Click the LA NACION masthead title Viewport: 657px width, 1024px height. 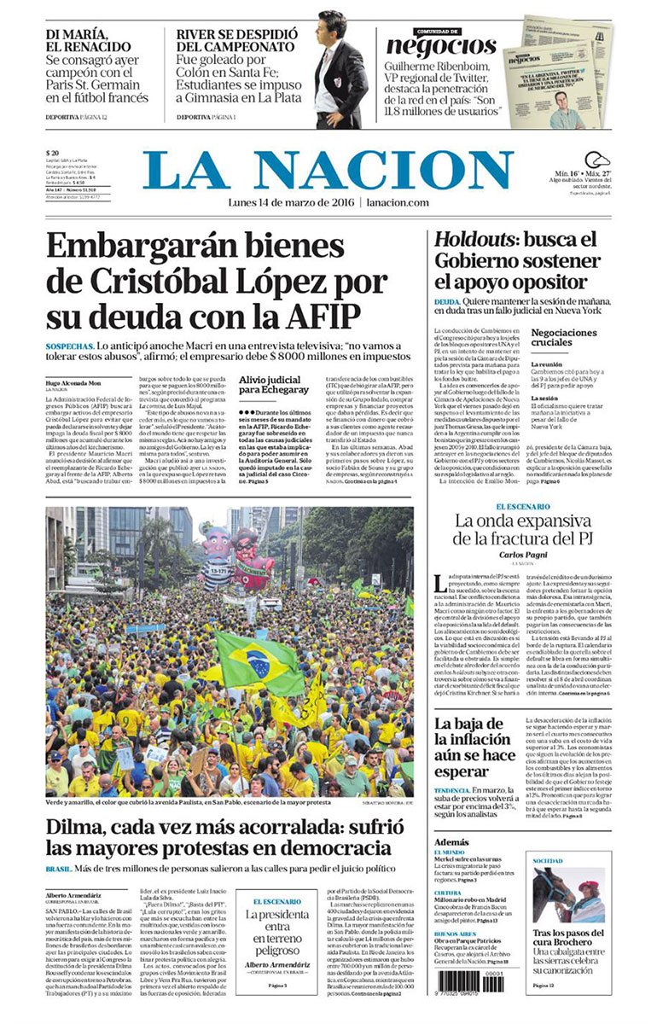click(328, 170)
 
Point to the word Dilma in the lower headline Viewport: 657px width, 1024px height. click(82, 826)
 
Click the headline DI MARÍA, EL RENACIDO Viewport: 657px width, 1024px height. click(89, 40)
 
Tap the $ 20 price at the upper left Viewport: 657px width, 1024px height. click(53, 154)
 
